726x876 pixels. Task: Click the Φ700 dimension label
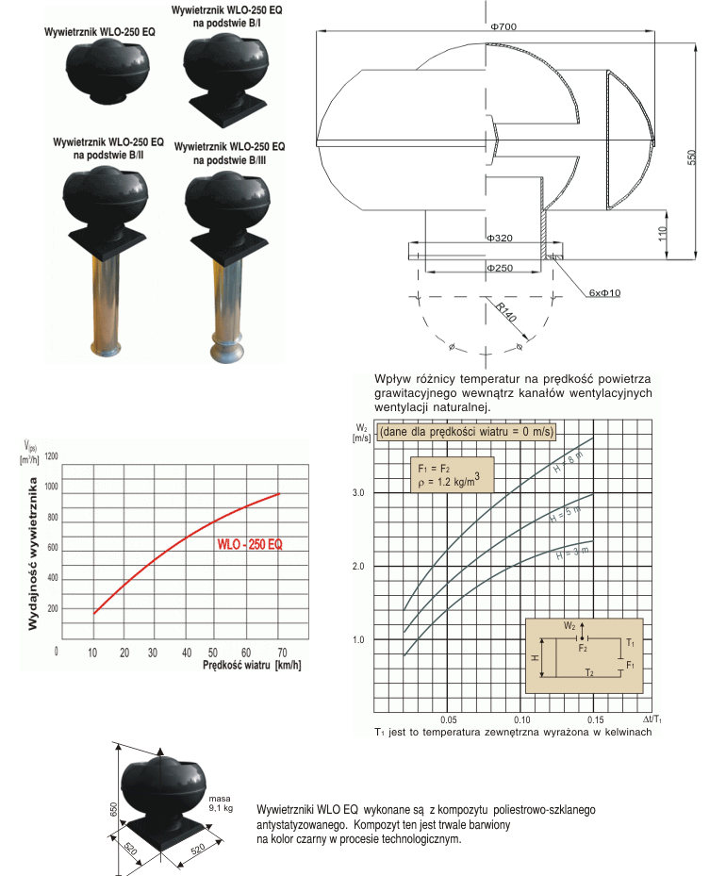(x=503, y=26)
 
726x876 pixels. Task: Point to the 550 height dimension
(x=692, y=157)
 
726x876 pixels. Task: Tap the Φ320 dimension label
(x=500, y=238)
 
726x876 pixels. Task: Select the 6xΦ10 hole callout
(x=604, y=292)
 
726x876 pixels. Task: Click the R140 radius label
(x=506, y=312)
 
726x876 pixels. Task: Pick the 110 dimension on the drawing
(x=662, y=234)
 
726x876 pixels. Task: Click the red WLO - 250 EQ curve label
(x=250, y=544)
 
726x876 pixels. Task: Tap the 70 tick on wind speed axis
(x=283, y=653)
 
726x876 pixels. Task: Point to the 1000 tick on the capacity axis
(x=51, y=487)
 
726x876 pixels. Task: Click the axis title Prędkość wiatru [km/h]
(x=252, y=665)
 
